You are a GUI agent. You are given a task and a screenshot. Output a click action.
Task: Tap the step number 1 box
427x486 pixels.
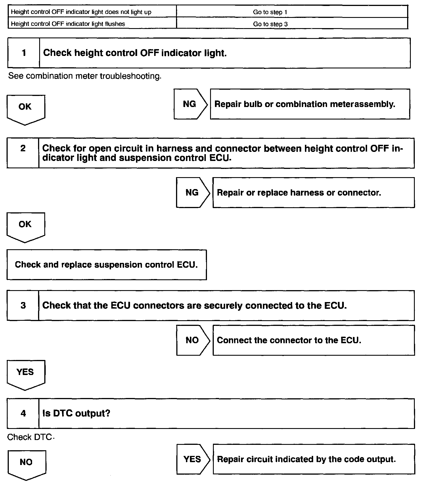[x=24, y=53]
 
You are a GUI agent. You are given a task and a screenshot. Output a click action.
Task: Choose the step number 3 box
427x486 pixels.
[x=23, y=305]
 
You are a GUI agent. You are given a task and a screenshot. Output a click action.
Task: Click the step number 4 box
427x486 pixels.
[x=23, y=413]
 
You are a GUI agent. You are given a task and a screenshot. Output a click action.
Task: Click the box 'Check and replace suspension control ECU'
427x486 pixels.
[x=106, y=265]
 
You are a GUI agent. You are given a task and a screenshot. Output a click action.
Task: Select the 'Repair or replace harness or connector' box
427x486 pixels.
[x=313, y=193]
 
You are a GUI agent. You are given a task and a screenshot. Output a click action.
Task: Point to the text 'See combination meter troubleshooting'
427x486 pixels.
[x=85, y=76]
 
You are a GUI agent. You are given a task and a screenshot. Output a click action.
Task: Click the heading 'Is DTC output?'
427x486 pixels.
[x=76, y=413]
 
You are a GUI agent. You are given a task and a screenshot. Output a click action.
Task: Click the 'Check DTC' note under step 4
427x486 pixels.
[x=30, y=437]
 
